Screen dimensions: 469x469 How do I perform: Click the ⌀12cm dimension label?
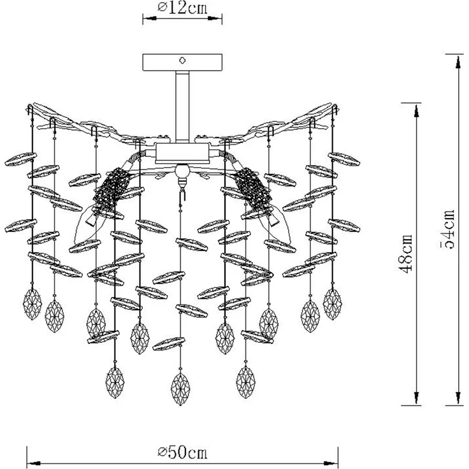pyautogui.click(x=182, y=8)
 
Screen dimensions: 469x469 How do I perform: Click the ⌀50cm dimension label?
pyautogui.click(x=182, y=453)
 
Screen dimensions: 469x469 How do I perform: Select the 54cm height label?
pyautogui.click(x=448, y=229)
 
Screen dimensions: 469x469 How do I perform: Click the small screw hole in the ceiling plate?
pyautogui.click(x=182, y=61)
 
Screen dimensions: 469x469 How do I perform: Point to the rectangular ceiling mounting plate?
pyautogui.click(x=182, y=62)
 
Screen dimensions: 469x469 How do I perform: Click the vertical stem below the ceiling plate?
pyautogui.click(x=182, y=107)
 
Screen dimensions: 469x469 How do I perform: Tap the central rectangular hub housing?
pyautogui.click(x=182, y=154)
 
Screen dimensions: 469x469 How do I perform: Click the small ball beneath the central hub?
pyautogui.click(x=182, y=171)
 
